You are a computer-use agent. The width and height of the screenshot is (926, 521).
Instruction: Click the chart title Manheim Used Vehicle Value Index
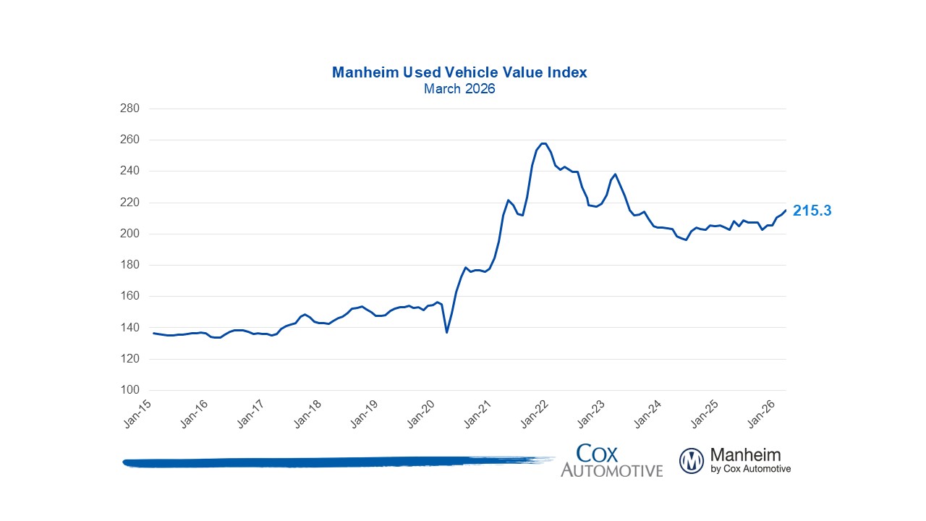(459, 72)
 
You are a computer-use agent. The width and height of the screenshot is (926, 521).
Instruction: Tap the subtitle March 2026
(459, 89)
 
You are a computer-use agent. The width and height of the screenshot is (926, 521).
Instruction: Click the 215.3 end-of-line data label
(812, 211)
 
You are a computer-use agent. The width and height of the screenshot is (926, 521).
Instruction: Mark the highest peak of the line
(543, 143)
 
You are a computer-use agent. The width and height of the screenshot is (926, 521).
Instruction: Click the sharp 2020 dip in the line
(446, 332)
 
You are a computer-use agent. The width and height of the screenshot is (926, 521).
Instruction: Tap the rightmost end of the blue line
(786, 210)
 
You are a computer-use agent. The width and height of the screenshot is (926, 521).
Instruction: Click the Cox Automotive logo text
(611, 461)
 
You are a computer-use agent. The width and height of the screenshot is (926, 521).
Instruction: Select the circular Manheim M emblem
(692, 461)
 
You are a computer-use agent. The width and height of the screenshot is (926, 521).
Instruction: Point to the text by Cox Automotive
(751, 469)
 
